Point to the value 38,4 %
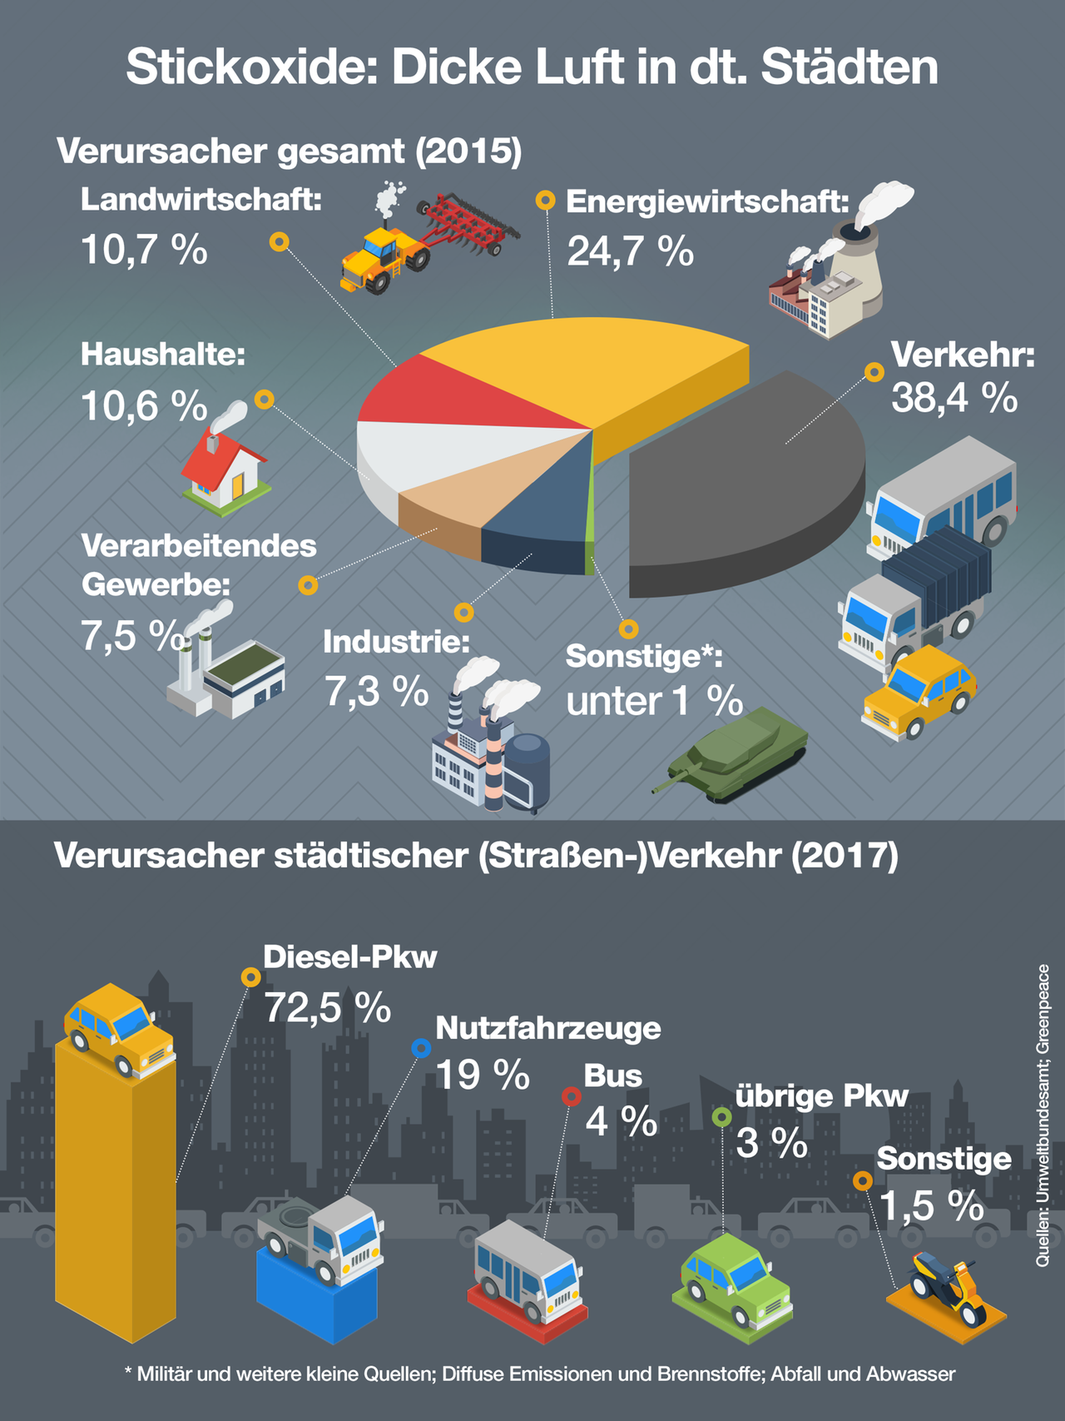click(954, 398)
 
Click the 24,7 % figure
click(630, 251)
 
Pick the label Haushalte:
click(163, 355)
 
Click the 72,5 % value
click(327, 1008)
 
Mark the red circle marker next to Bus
click(571, 1096)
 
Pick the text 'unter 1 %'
click(654, 701)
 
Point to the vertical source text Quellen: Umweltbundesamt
click(1043, 1115)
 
